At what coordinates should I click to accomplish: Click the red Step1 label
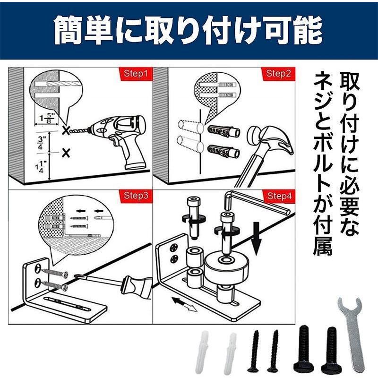tap(136, 73)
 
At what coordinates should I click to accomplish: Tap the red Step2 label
tap(278, 73)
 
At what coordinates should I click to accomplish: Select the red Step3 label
tap(136, 195)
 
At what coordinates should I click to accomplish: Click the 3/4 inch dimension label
tap(40, 143)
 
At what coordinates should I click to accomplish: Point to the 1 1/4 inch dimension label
tap(39, 167)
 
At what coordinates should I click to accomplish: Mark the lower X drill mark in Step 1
tap(66, 153)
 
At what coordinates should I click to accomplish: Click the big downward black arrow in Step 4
tap(257, 238)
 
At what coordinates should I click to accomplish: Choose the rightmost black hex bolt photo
tap(330, 351)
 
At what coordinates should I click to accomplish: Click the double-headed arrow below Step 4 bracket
tap(184, 304)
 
